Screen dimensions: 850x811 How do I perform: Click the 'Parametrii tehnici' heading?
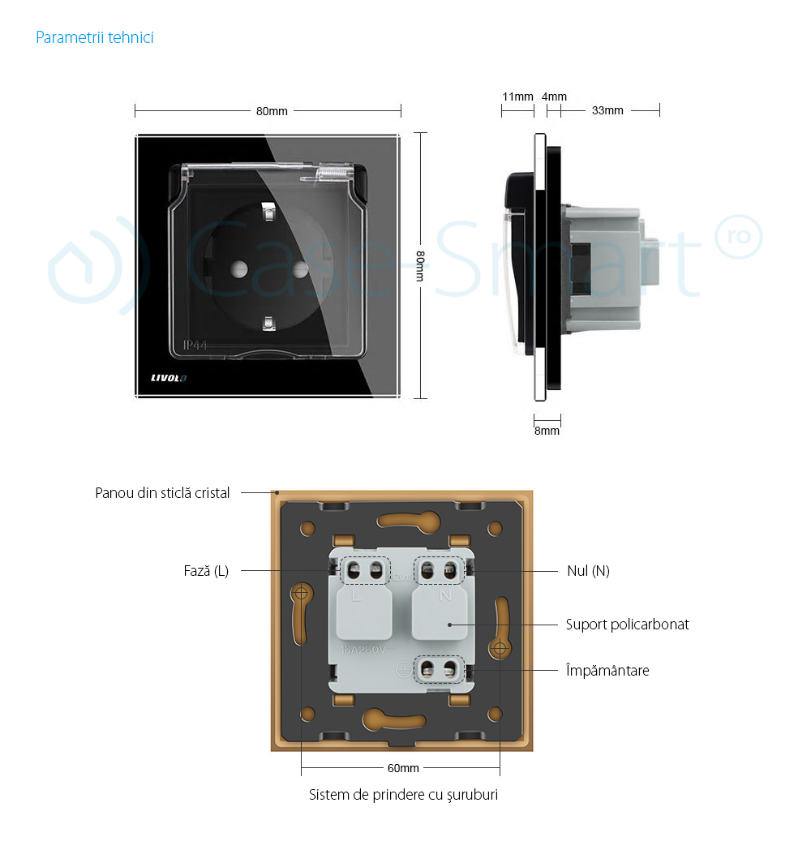95,38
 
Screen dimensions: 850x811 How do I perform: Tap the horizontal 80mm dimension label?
272,111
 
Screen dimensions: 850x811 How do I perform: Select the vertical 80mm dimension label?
420,265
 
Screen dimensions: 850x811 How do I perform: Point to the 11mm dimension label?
517,97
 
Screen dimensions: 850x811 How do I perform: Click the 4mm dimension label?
555,97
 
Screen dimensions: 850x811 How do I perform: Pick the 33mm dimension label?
607,110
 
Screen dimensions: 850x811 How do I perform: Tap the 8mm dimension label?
547,431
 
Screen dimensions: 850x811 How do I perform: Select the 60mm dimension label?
402,767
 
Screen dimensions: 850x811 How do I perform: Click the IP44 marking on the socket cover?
195,346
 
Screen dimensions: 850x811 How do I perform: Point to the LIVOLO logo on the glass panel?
168,378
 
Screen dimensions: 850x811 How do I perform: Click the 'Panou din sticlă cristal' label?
162,493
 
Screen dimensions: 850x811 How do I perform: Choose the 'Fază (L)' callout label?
206,571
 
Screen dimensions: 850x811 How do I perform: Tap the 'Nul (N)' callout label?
588,571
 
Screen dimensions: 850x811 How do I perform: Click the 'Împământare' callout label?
607,671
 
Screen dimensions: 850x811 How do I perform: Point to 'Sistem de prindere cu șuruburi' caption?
403,795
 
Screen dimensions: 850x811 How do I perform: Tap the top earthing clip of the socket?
268,215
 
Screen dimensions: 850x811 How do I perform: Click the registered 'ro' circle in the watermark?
738,228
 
